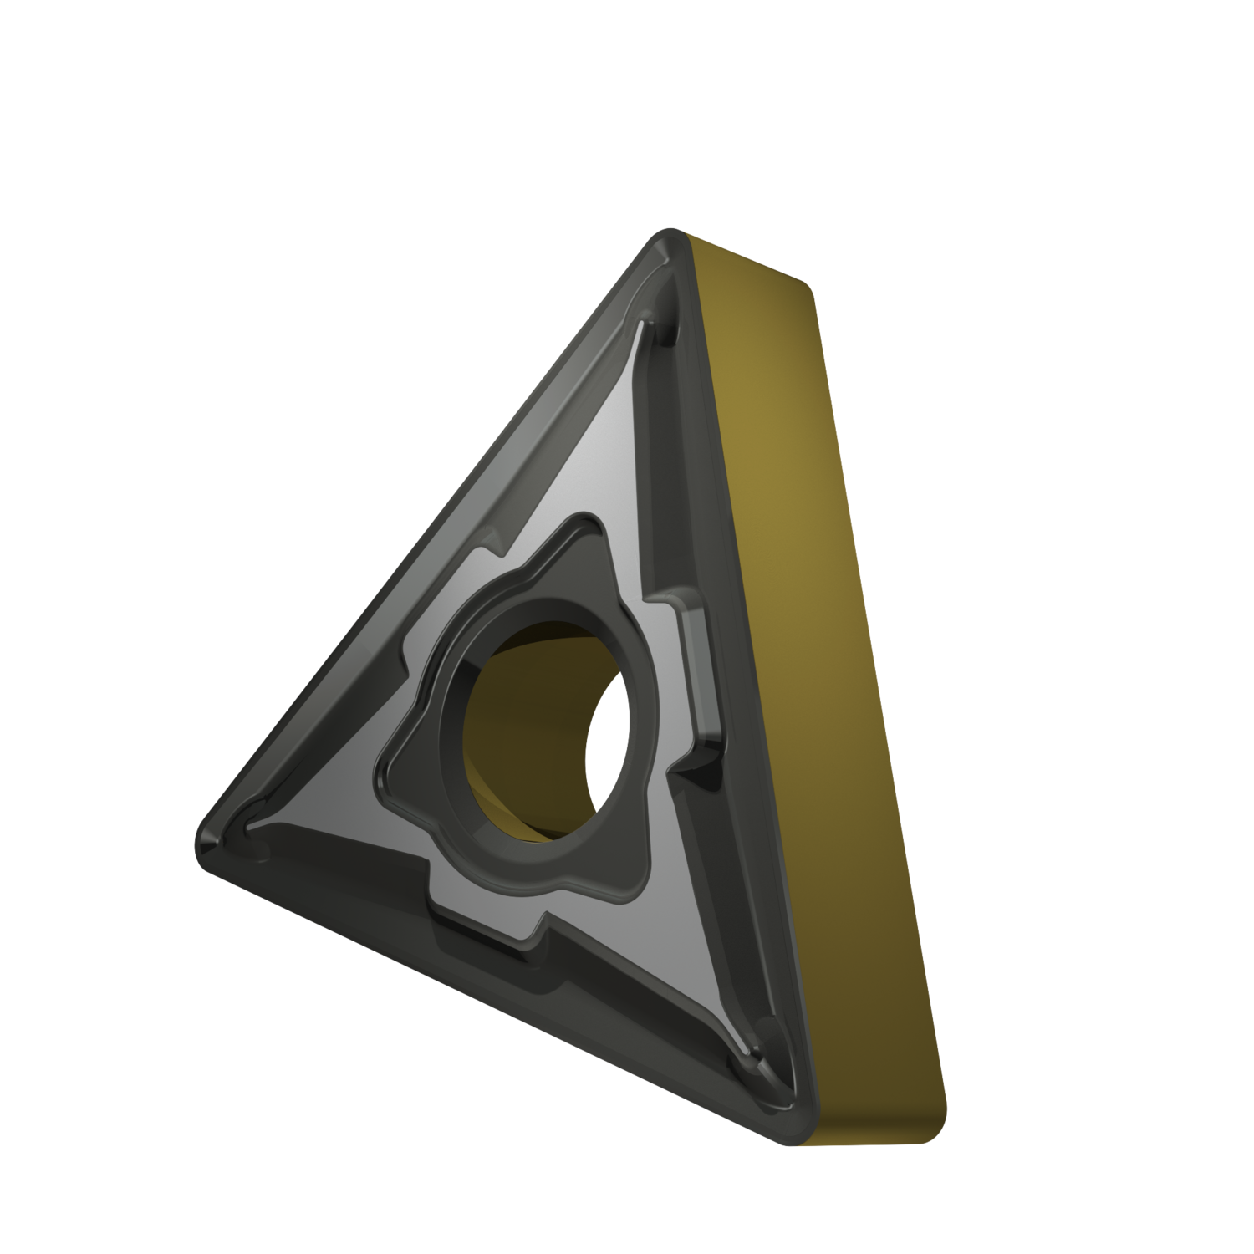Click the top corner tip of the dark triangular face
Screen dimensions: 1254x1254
[670, 238]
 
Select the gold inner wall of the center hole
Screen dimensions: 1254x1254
[510, 719]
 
